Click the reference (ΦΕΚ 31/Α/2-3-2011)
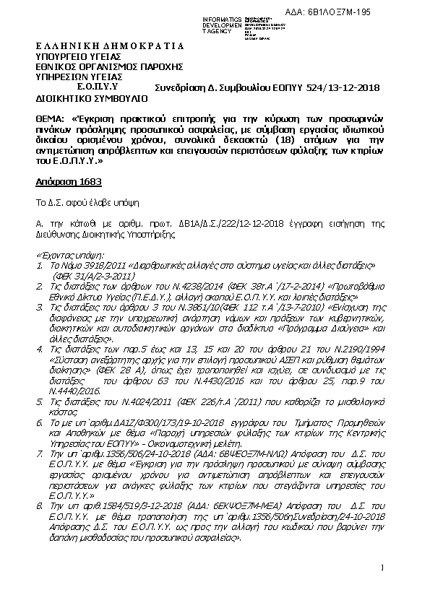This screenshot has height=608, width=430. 96,275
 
